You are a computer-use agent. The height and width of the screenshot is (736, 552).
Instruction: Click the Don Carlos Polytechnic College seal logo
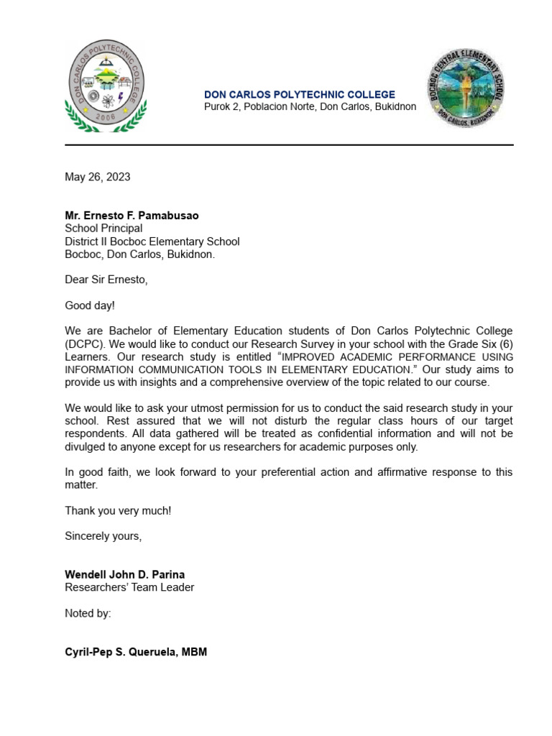[x=106, y=85]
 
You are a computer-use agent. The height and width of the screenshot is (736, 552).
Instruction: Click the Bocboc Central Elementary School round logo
[x=465, y=88]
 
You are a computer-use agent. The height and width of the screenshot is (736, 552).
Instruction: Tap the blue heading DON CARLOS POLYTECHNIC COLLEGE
[x=300, y=95]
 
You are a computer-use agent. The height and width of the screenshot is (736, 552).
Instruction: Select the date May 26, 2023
[x=98, y=177]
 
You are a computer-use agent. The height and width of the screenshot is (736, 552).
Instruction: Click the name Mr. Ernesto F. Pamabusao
[x=132, y=216]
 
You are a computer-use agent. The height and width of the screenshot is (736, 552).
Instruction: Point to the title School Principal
[x=103, y=229]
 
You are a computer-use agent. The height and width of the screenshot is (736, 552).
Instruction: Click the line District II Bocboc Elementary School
[x=152, y=241]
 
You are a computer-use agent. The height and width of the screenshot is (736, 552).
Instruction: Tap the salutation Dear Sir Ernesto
[x=106, y=280]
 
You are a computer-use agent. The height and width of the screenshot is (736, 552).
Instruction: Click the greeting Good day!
[x=90, y=305]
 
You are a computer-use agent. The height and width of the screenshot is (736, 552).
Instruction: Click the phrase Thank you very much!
[x=119, y=511]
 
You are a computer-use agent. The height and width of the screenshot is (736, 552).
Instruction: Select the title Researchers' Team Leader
[x=129, y=587]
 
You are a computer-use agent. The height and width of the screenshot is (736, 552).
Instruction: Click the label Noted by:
[x=88, y=613]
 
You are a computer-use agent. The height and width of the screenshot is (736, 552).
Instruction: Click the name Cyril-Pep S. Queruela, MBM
[x=136, y=653]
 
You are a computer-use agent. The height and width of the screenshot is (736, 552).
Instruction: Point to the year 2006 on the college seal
[x=106, y=116]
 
